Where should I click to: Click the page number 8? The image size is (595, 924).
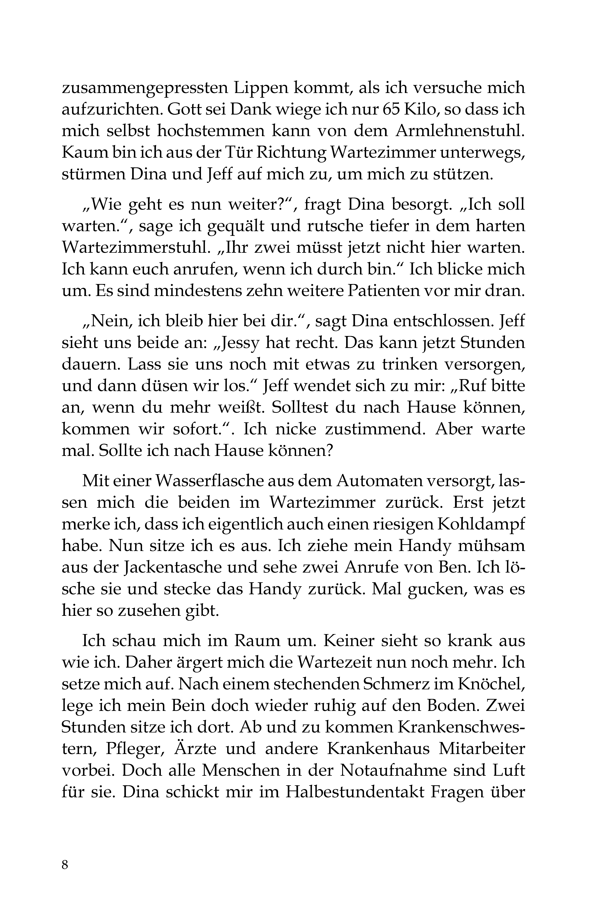(x=65, y=864)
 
